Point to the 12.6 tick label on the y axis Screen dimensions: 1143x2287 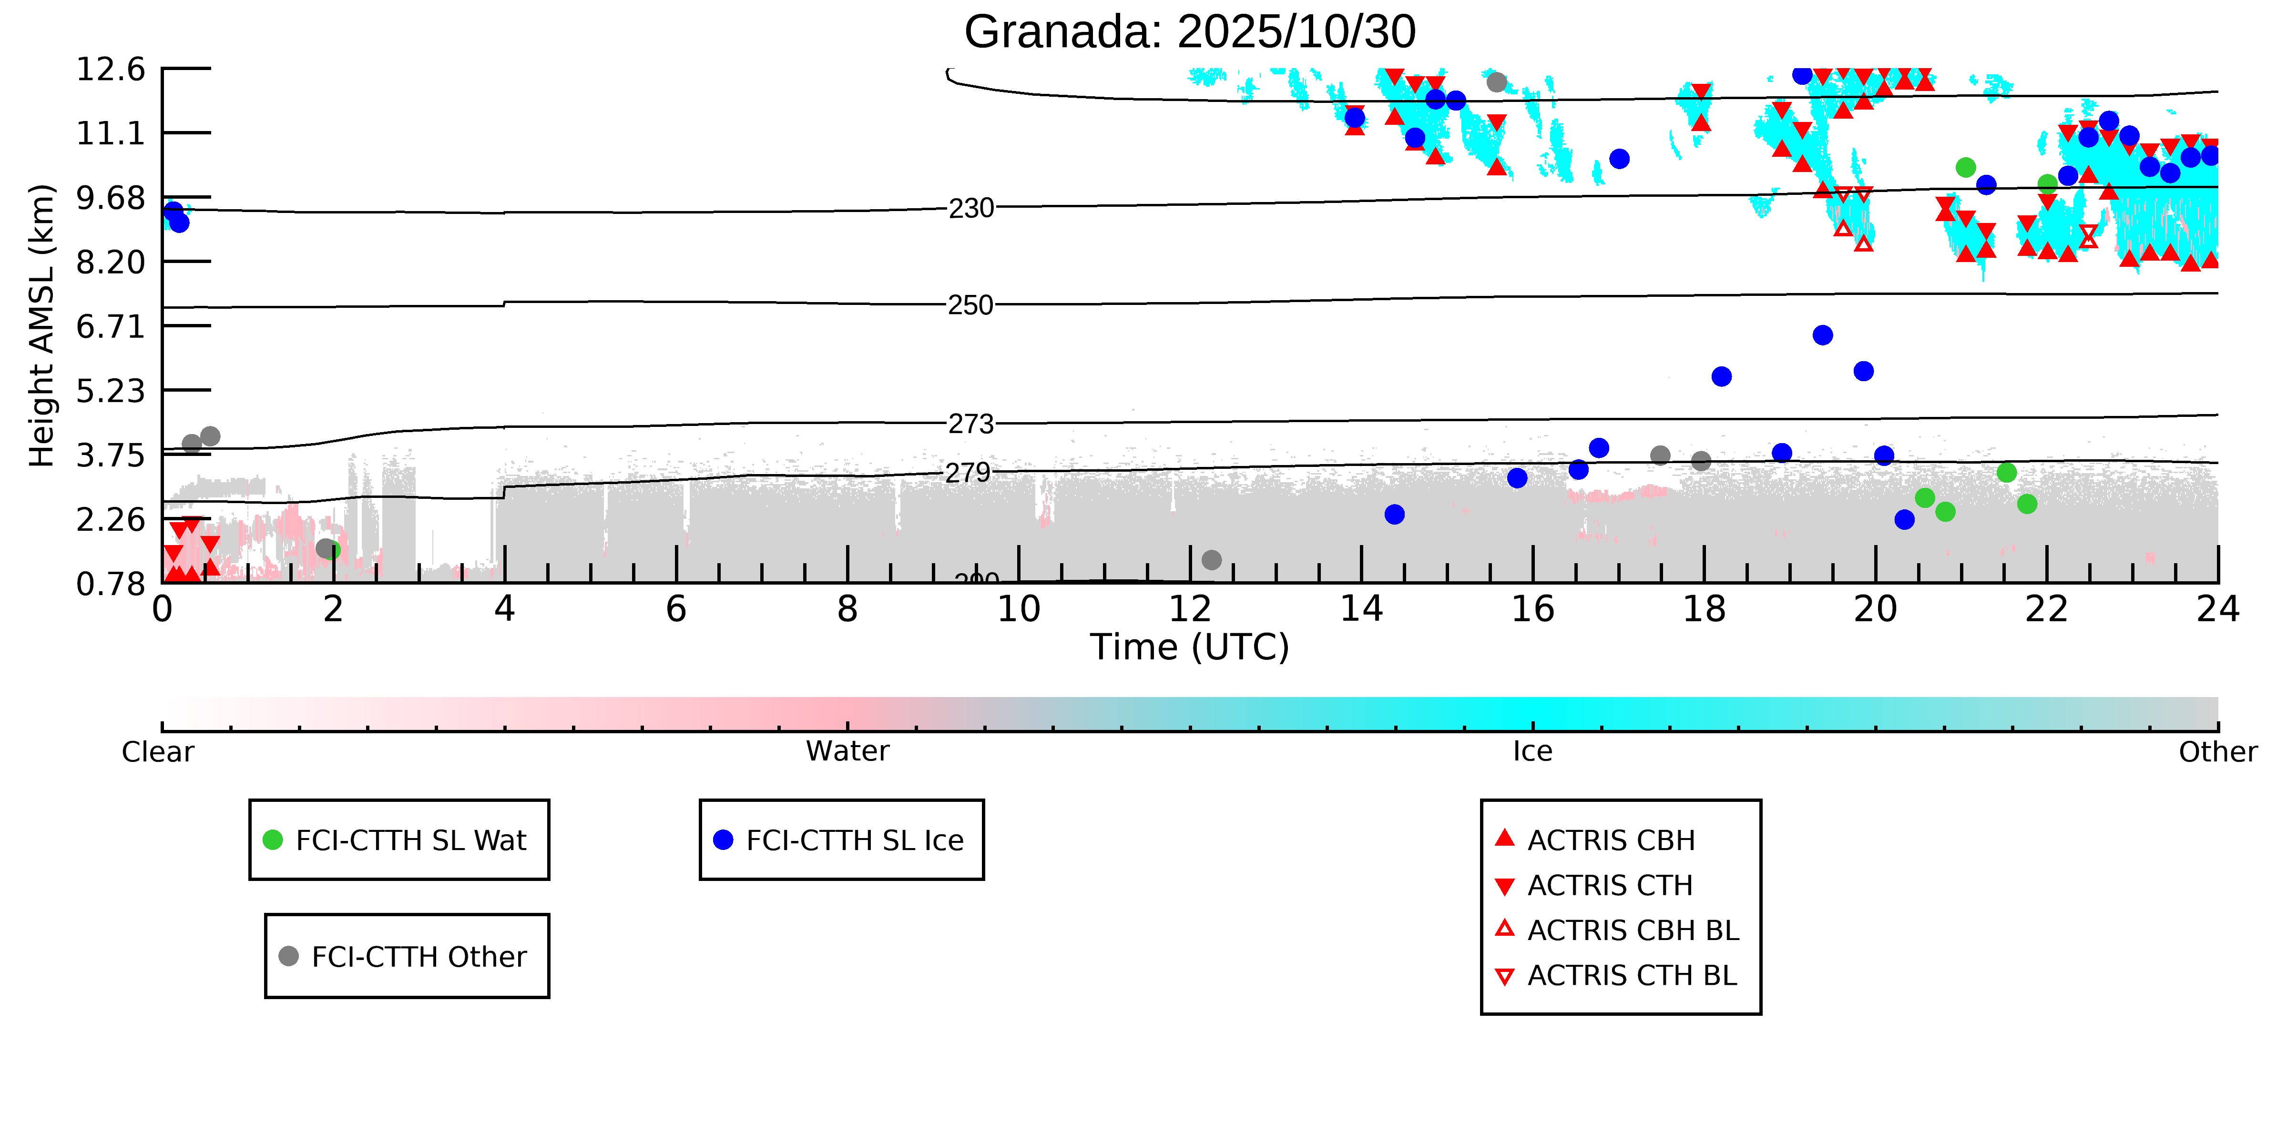click(110, 69)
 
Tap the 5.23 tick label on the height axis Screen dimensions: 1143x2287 click(110, 391)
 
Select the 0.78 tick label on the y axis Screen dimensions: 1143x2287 click(110, 584)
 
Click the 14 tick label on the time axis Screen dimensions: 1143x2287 click(1361, 610)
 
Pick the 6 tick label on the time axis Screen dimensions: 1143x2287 click(675, 610)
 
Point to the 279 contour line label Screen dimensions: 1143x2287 click(968, 473)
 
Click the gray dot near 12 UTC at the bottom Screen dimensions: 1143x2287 click(1212, 560)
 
